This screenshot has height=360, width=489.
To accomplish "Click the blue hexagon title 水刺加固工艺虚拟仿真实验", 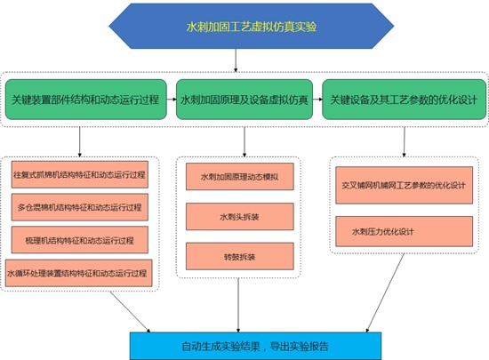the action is (x=252, y=26).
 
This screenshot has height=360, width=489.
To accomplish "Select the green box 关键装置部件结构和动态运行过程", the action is (x=86, y=100).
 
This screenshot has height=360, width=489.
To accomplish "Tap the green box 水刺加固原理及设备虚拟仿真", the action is (x=244, y=100).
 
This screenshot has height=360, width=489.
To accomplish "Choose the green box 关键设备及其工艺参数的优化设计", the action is (x=404, y=100).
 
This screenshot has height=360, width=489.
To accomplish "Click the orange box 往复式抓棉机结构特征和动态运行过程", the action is (x=80, y=174).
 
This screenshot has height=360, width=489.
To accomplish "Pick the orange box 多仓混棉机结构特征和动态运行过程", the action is (x=80, y=207).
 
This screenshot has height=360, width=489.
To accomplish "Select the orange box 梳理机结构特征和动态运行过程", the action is (x=80, y=240).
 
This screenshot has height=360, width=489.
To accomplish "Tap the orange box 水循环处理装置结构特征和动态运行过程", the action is (x=78, y=273).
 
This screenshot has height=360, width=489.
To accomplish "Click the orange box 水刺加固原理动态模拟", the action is (x=240, y=177).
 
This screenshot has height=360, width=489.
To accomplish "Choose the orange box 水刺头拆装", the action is (x=240, y=217).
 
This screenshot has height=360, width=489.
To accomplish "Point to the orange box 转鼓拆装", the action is (x=240, y=257).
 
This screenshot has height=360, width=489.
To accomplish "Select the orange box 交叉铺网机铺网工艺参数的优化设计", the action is (x=405, y=186).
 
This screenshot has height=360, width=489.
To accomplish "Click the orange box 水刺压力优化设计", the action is (x=405, y=231).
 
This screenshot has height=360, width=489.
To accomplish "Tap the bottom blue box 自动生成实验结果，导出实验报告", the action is (x=255, y=346).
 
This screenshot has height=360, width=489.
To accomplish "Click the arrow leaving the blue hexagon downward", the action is (x=236, y=60).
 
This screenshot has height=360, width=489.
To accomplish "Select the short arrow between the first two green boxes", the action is (x=172, y=100).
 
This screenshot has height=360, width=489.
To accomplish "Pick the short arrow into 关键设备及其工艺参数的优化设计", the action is (x=317, y=100).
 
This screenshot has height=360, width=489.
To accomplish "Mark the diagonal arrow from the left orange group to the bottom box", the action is (x=130, y=312).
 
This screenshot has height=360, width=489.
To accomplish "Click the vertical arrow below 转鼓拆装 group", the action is (x=238, y=305).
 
